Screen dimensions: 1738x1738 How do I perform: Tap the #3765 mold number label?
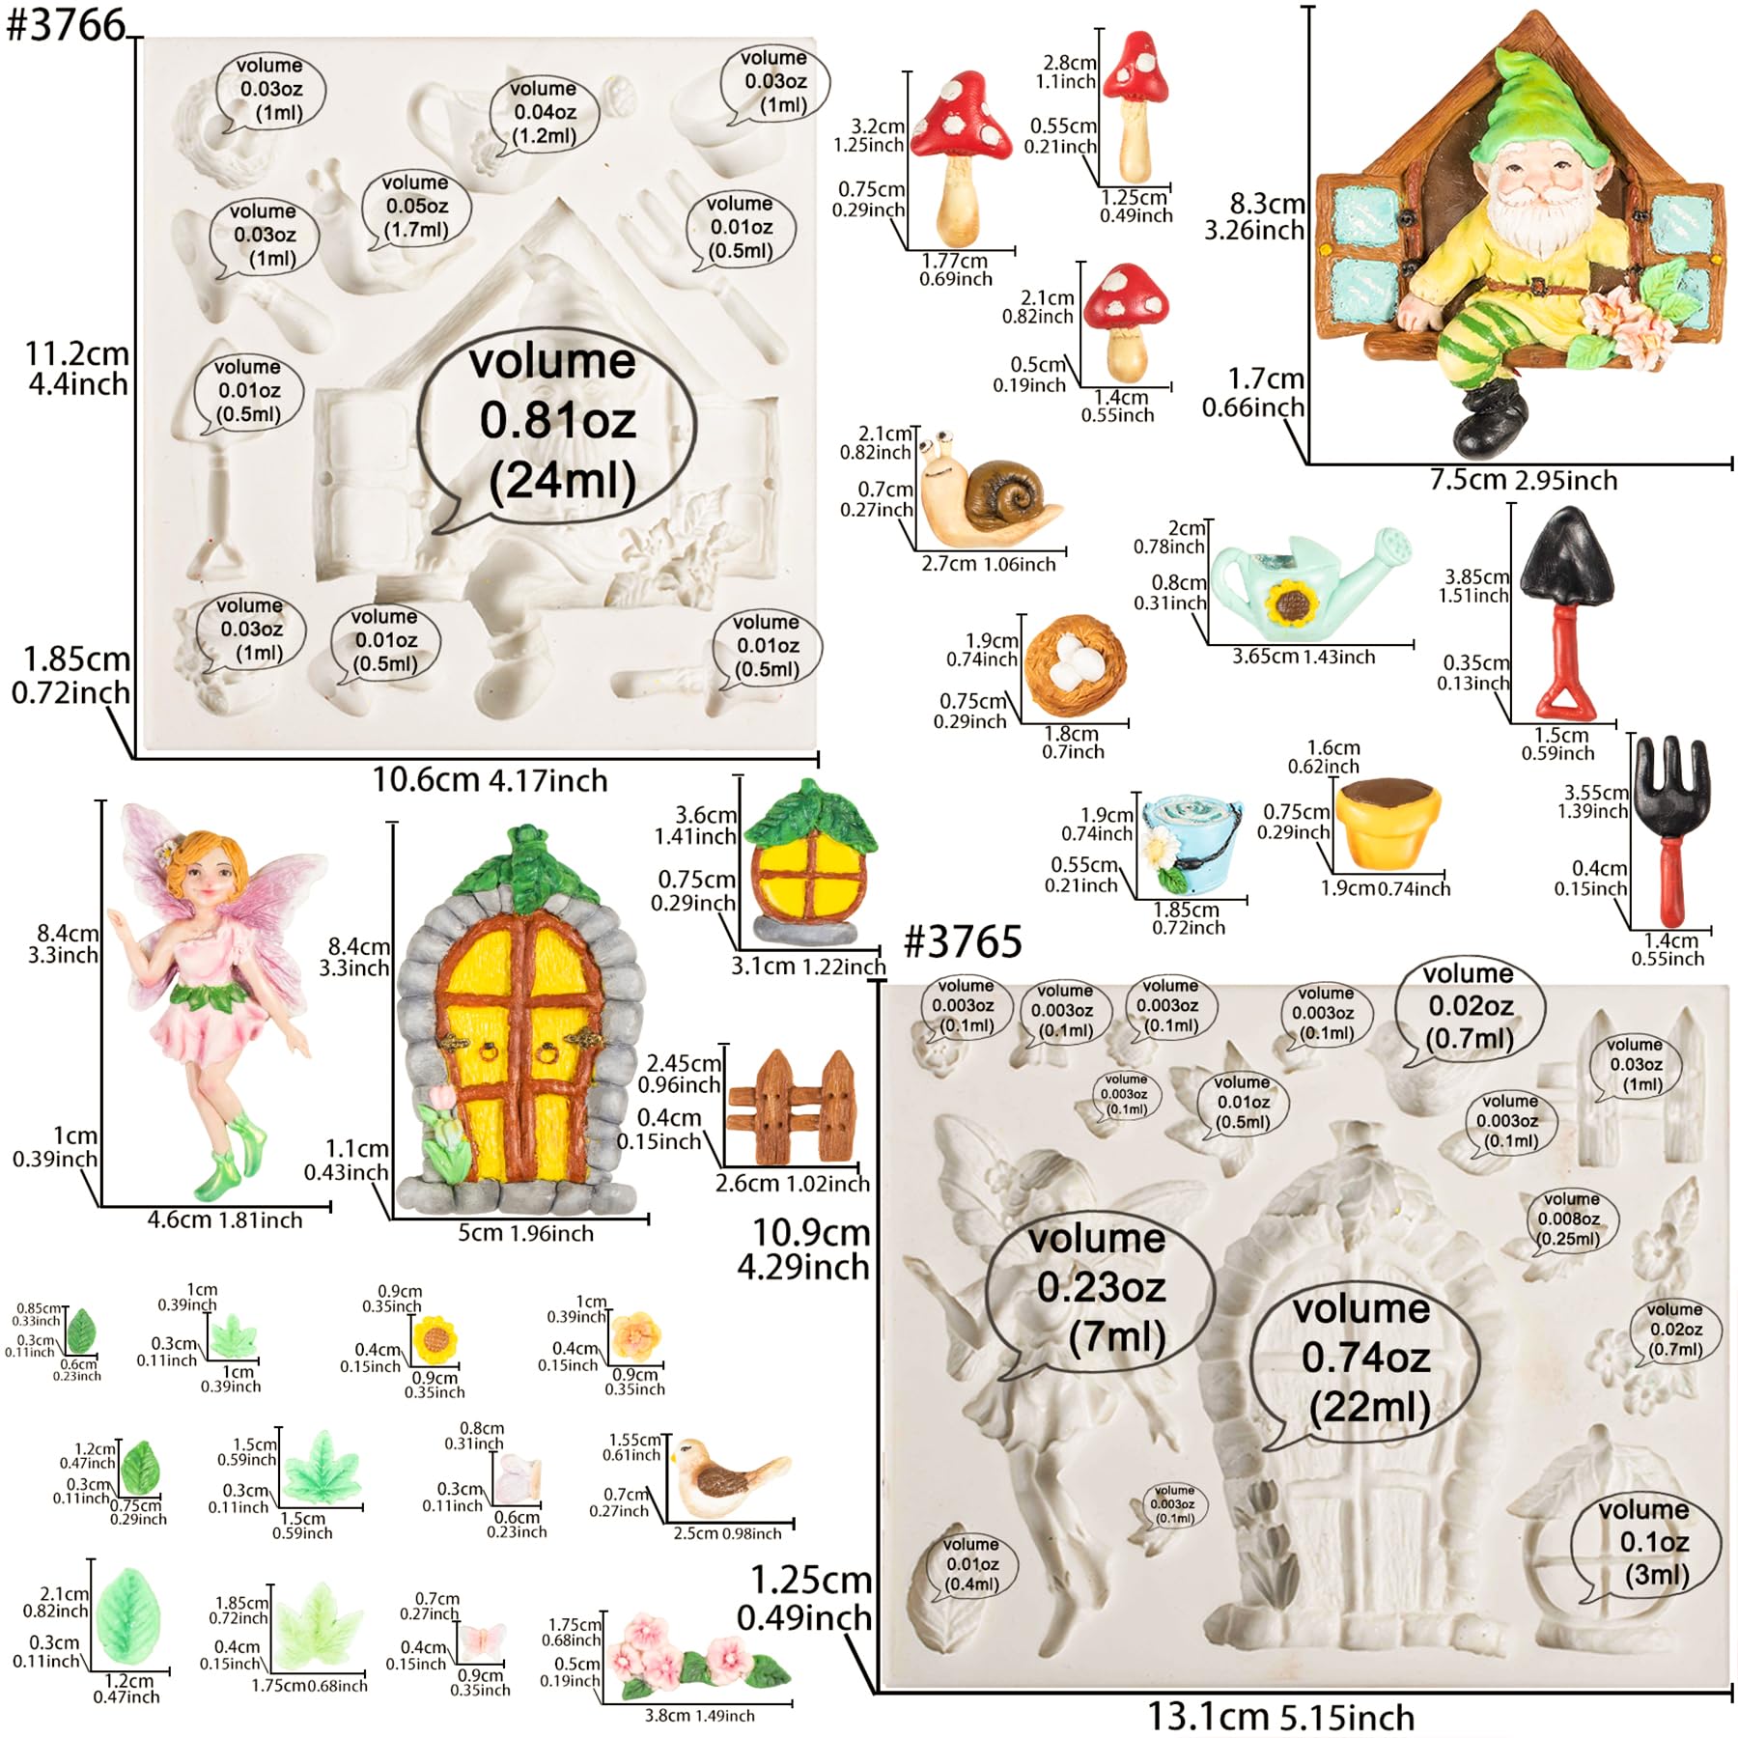[963, 941]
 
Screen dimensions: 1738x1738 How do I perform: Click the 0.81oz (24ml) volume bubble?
[557, 425]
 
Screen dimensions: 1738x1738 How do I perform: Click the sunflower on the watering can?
[1291, 605]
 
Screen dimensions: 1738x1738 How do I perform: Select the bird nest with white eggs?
[1075, 665]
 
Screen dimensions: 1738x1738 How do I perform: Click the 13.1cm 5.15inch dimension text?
[1280, 1718]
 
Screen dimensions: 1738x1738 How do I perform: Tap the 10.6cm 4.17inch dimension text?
[491, 780]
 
